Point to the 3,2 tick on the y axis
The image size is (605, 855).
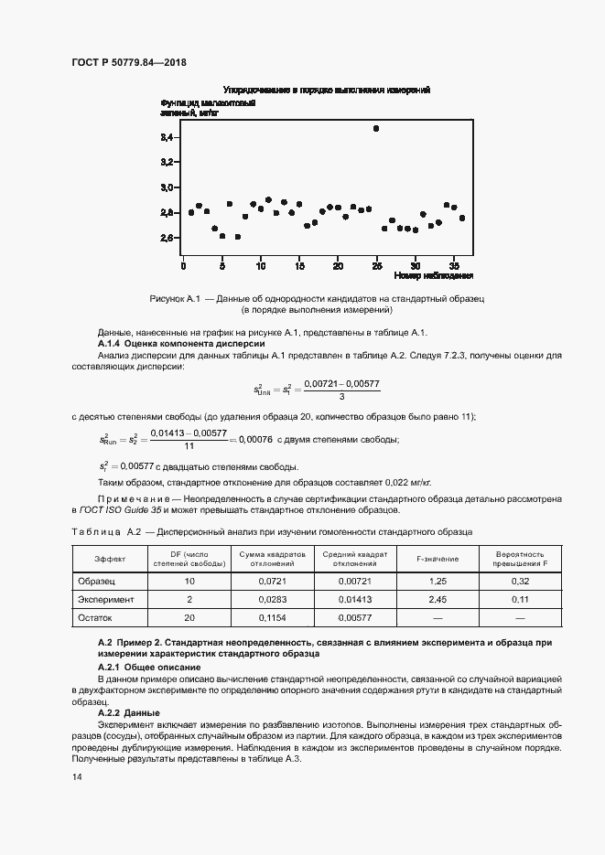coord(167,162)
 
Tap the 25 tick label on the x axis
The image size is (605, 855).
coord(376,265)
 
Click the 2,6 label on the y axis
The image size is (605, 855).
coord(167,238)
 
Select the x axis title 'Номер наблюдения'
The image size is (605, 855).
coord(433,275)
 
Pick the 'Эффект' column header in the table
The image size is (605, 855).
coord(110,558)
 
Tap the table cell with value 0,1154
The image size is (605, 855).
coord(271,619)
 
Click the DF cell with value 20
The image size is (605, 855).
coord(189,619)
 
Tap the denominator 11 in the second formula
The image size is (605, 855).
coord(189,446)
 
